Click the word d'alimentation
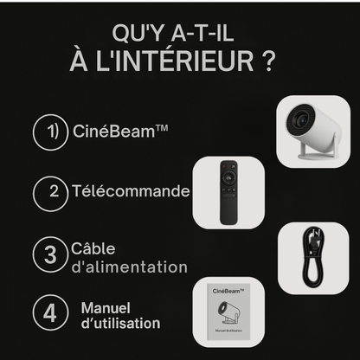click(x=130, y=267)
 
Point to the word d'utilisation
click(x=120, y=325)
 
